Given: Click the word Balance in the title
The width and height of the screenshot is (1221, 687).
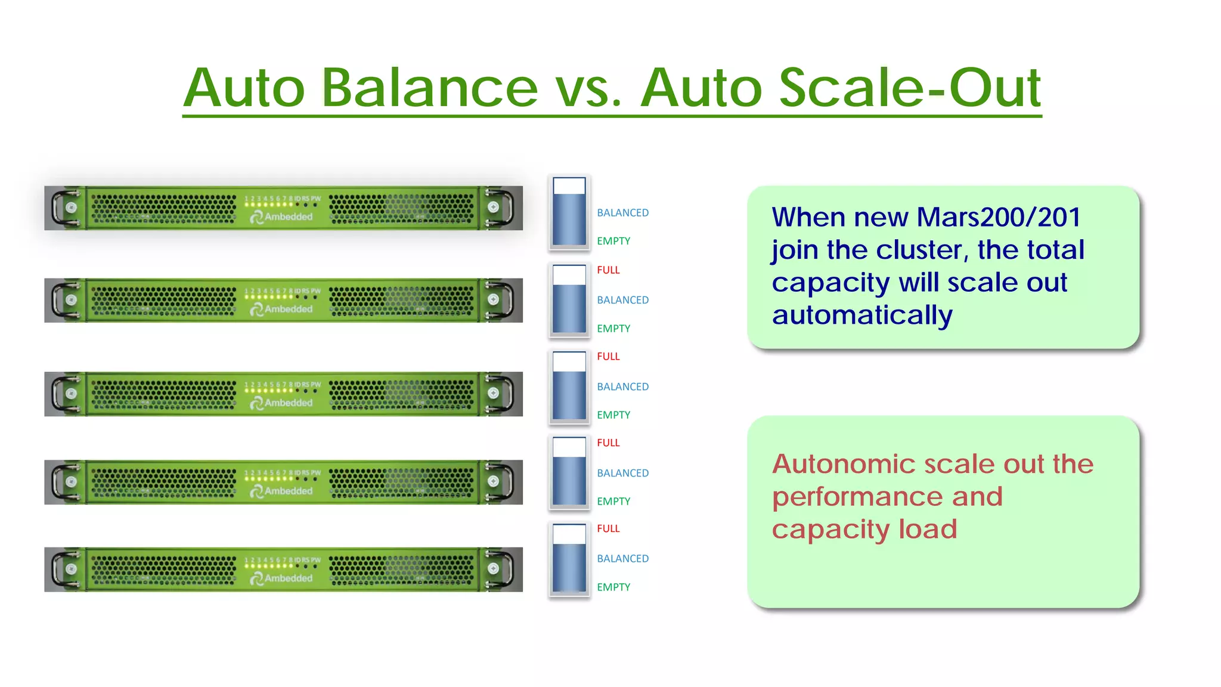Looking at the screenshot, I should [429, 88].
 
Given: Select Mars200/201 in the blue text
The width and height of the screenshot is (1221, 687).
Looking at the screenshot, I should [999, 217].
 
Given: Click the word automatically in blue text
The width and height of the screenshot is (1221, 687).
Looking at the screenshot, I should [862, 315].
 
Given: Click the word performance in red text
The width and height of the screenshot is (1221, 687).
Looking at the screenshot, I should [856, 497].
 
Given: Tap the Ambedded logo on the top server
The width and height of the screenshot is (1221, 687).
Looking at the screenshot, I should [281, 217].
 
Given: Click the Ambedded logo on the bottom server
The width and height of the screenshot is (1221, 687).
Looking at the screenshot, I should [281, 578].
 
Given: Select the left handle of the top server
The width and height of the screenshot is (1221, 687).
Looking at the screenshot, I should [59, 208].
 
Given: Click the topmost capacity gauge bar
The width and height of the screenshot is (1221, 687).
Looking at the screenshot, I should [569, 211].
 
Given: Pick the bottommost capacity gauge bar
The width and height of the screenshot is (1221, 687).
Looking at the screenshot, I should [569, 558].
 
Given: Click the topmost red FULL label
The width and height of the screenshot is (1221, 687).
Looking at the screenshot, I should [608, 270].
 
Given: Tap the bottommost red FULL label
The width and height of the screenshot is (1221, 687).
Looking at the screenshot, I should [608, 529].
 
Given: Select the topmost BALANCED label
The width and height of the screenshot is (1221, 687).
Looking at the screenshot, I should [622, 213].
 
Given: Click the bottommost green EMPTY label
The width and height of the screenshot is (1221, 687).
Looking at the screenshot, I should [613, 587].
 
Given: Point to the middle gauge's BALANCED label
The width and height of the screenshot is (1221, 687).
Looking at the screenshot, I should [622, 387].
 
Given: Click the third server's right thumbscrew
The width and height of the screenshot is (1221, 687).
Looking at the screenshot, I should [493, 393].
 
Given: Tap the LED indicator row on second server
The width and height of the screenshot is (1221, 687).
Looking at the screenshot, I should [280, 296].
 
